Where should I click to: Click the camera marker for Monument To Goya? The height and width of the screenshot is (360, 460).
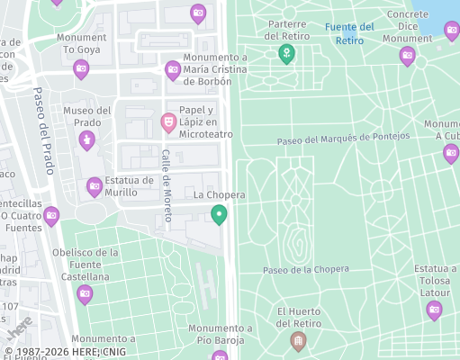(81, 68)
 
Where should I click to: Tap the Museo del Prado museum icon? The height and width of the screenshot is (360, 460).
(86, 139)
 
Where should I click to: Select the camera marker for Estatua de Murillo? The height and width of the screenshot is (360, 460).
(95, 187)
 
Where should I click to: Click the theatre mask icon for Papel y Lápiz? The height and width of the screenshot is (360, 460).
(168, 121)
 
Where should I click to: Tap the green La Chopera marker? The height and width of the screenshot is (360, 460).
(218, 214)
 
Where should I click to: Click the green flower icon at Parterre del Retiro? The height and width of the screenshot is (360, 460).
(286, 55)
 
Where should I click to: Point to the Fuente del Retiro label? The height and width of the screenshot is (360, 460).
(349, 33)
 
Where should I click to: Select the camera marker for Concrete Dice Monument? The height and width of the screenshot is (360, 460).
(407, 57)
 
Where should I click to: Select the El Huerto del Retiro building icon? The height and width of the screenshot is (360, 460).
(298, 341)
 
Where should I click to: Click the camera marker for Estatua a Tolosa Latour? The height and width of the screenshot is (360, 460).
(434, 310)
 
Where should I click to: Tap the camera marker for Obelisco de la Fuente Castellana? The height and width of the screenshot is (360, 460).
(85, 294)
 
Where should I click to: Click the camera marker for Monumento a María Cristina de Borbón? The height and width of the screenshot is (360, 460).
(173, 69)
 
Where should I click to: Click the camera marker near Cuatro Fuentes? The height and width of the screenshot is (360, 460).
(51, 216)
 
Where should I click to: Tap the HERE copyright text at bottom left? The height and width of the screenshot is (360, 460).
(65, 352)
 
